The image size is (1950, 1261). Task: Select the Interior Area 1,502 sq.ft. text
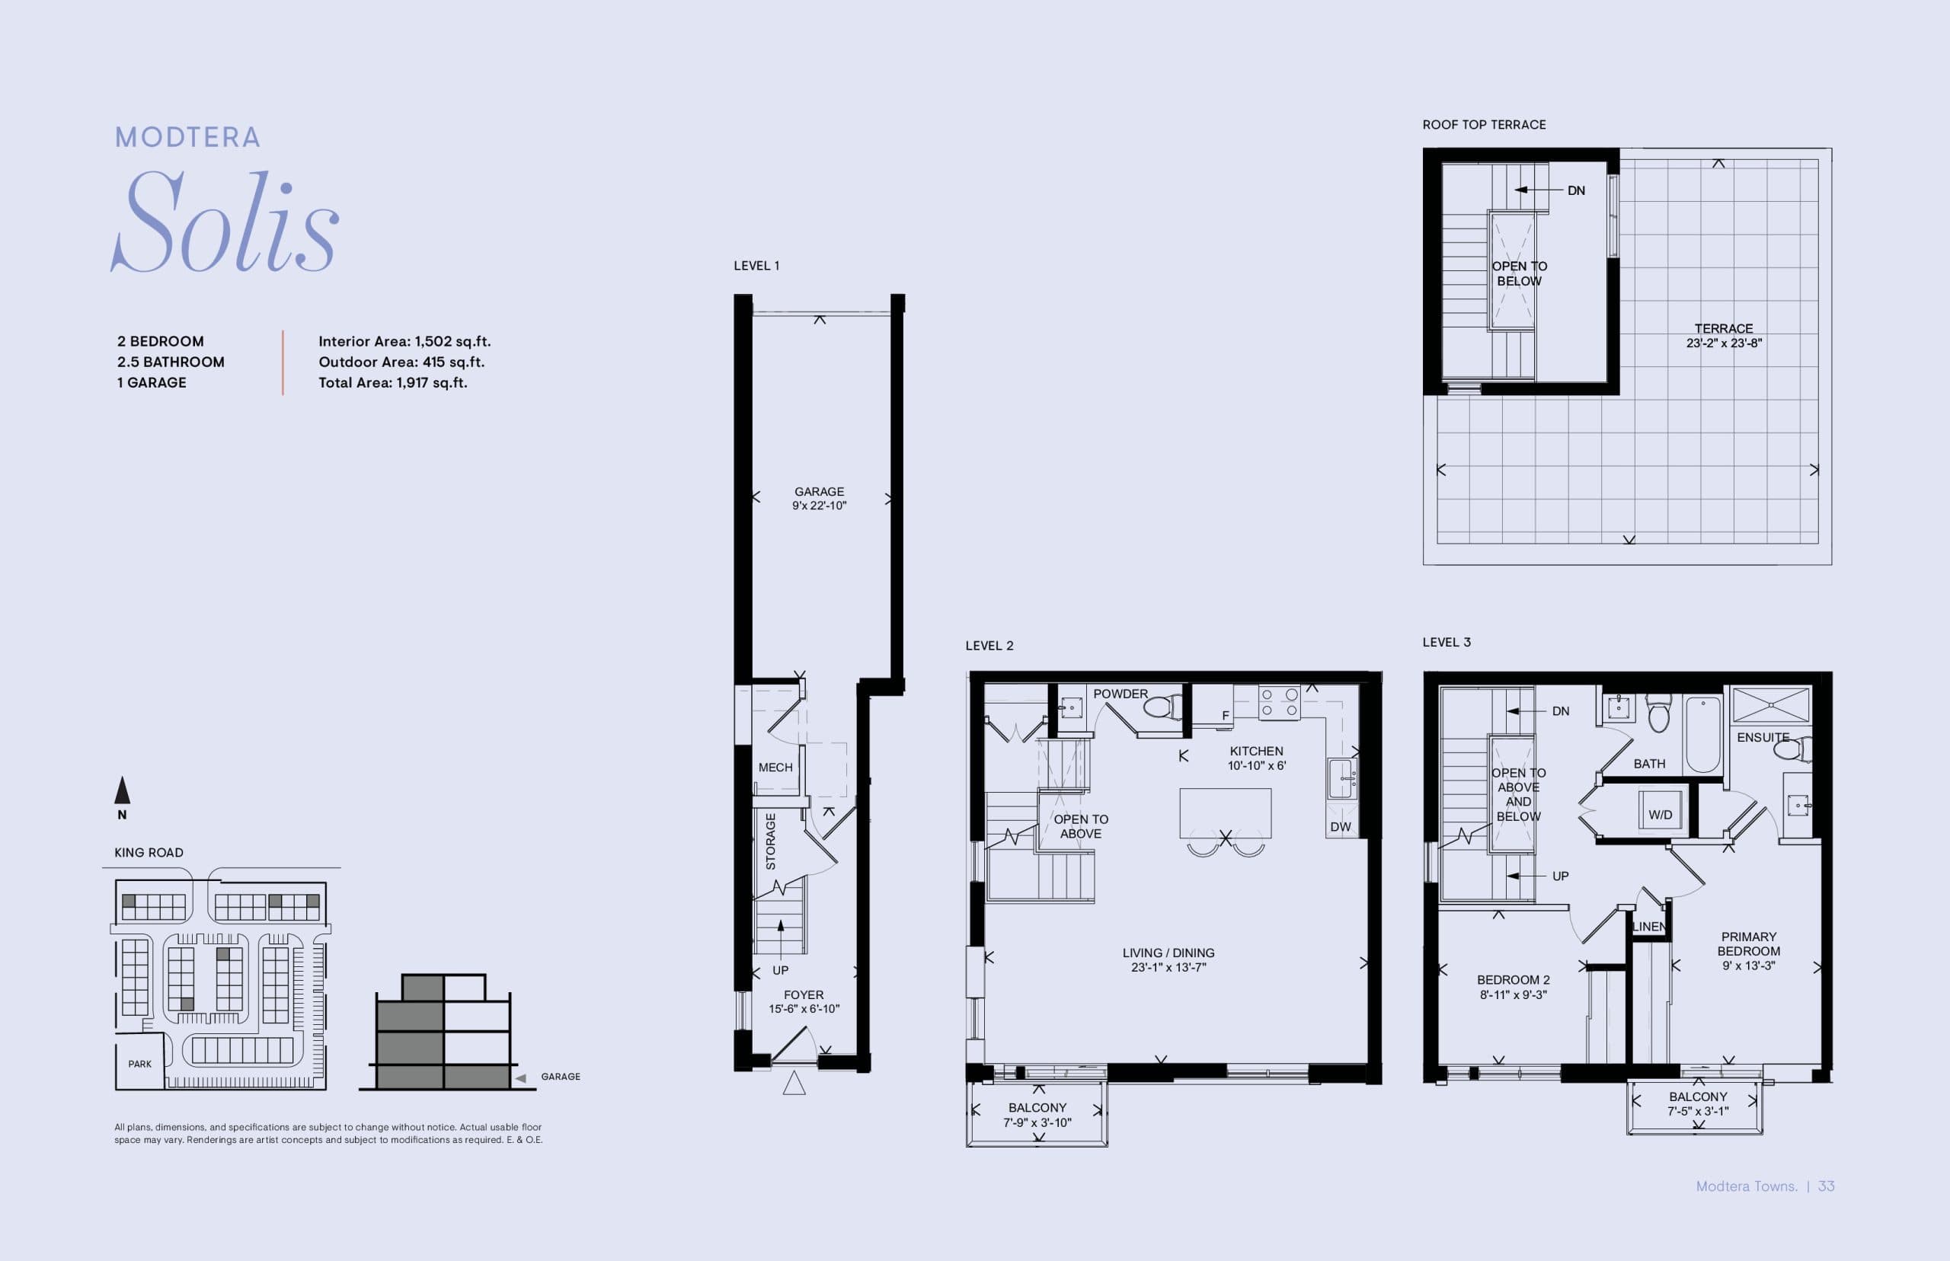tap(404, 341)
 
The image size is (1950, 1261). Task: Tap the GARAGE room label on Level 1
tap(819, 491)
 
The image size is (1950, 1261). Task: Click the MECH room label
tap(775, 768)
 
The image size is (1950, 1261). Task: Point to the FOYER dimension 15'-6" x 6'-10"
tap(804, 1009)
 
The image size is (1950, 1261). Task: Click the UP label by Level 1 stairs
tap(781, 970)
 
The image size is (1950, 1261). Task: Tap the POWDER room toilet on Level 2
tap(1162, 707)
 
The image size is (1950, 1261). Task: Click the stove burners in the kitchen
tap(1278, 703)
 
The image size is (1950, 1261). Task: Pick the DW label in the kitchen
tap(1341, 827)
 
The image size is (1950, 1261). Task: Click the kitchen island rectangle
tap(1225, 812)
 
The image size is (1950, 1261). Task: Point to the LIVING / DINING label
tap(1168, 953)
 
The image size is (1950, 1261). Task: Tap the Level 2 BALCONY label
tap(1037, 1107)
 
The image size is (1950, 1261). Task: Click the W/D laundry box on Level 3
tap(1660, 815)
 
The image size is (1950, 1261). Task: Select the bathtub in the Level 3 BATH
tap(1703, 733)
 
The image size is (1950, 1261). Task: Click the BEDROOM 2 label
tap(1513, 979)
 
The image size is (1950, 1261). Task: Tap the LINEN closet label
tap(1648, 927)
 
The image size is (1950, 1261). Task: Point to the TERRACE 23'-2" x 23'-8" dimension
tap(1723, 343)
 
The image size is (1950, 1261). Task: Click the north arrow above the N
tap(122, 790)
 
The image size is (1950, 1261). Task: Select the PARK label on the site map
tap(139, 1064)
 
